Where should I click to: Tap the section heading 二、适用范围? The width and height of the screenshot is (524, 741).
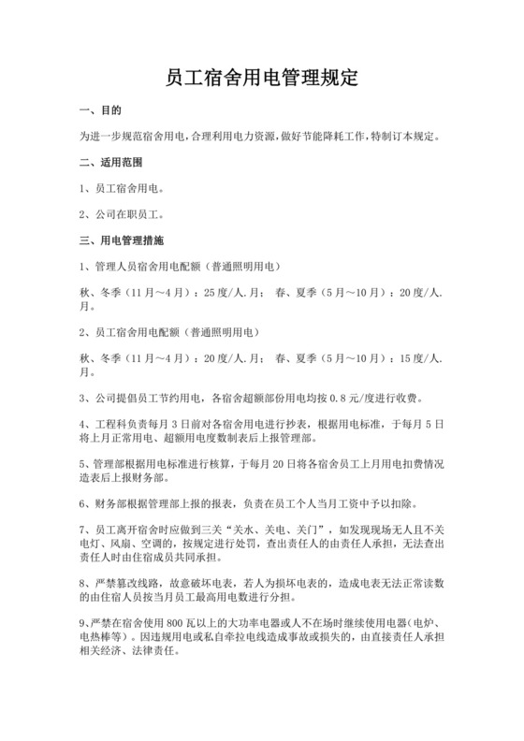coord(114,162)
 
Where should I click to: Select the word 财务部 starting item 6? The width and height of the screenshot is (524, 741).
coord(109,502)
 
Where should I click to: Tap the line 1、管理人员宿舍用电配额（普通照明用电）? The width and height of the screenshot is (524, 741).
coord(187,266)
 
